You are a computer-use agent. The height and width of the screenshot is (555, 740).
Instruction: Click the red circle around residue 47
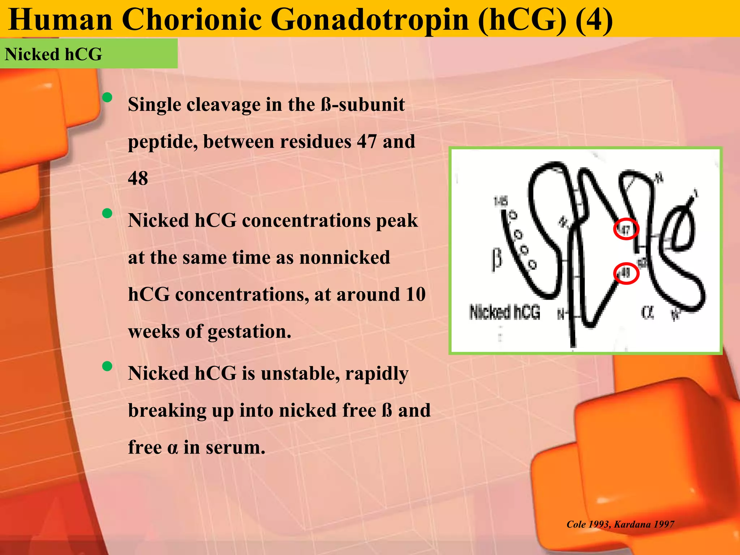(626, 229)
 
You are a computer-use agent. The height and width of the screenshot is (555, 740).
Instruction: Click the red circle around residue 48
(626, 273)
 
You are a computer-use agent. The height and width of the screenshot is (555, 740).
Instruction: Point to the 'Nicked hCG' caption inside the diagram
(504, 312)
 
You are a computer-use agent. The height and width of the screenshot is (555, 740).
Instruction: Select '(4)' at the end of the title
(594, 20)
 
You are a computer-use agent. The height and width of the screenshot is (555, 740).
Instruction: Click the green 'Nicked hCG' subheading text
(53, 55)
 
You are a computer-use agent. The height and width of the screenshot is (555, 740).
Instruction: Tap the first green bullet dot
(107, 97)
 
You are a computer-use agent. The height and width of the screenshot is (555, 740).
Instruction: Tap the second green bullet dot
(107, 213)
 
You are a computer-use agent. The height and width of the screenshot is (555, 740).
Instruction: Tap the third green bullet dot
(107, 366)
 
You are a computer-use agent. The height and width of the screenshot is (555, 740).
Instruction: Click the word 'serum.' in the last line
(236, 447)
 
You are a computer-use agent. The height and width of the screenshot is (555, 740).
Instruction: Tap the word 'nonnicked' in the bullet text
(345, 258)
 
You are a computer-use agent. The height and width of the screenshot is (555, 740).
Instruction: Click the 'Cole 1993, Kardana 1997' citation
(620, 524)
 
